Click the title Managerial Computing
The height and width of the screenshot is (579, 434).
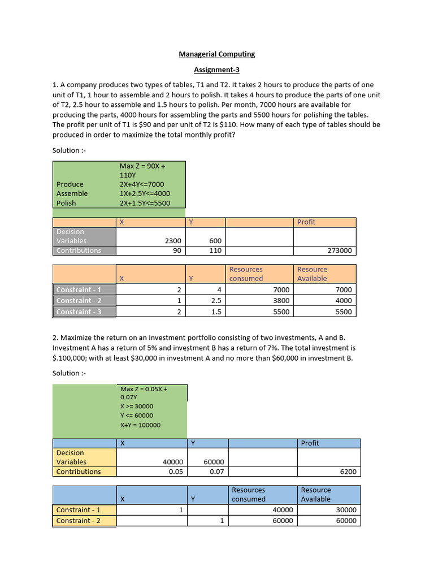[217, 54]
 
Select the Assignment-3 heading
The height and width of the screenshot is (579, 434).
[217, 70]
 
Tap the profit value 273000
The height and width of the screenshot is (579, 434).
[339, 250]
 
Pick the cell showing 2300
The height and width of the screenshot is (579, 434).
[173, 241]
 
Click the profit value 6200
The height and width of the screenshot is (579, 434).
[348, 472]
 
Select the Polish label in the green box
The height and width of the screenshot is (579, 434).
[66, 203]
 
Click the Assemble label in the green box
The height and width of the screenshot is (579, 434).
[72, 193]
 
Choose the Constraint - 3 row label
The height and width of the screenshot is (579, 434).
[79, 312]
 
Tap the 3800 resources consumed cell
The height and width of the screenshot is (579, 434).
[281, 301]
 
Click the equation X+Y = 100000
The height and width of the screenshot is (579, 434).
[140, 425]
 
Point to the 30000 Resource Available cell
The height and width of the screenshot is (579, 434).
[346, 510]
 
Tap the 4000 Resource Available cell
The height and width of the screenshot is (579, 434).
[343, 301]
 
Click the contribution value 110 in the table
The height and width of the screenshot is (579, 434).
[215, 250]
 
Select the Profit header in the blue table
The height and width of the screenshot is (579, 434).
[310, 443]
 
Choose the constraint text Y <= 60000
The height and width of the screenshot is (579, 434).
[137, 416]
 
